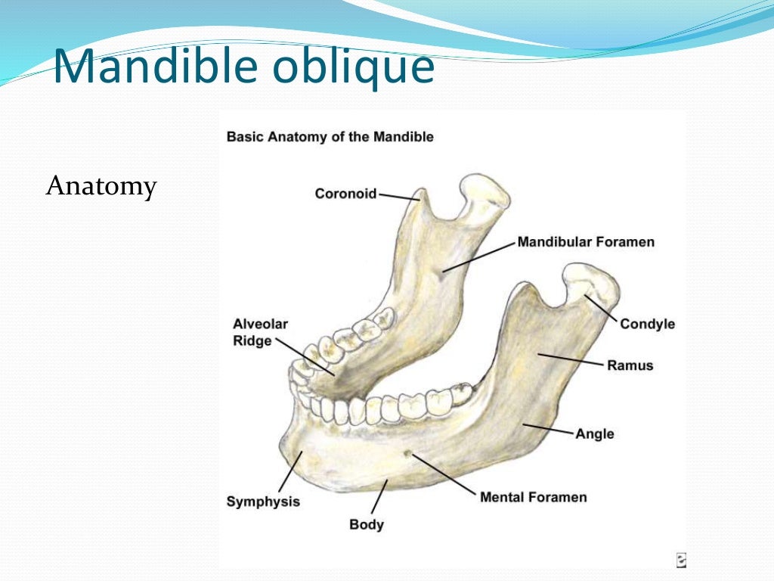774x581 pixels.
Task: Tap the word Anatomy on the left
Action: [x=101, y=185]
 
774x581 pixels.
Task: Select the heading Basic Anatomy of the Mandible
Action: [x=330, y=137]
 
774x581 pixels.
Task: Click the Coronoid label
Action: [x=345, y=194]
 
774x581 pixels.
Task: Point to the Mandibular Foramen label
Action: [x=585, y=242]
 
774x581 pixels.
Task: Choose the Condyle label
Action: [x=647, y=324]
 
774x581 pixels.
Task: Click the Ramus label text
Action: [x=630, y=365]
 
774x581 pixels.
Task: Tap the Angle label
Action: [x=594, y=433]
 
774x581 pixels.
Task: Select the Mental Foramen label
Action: [x=533, y=497]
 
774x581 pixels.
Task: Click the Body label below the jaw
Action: [x=367, y=524]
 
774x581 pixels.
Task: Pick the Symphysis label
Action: [x=263, y=501]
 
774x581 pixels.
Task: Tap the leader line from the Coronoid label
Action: [x=398, y=197]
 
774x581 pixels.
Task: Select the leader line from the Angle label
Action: [x=548, y=429]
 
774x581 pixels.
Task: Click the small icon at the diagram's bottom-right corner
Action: [x=680, y=560]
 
